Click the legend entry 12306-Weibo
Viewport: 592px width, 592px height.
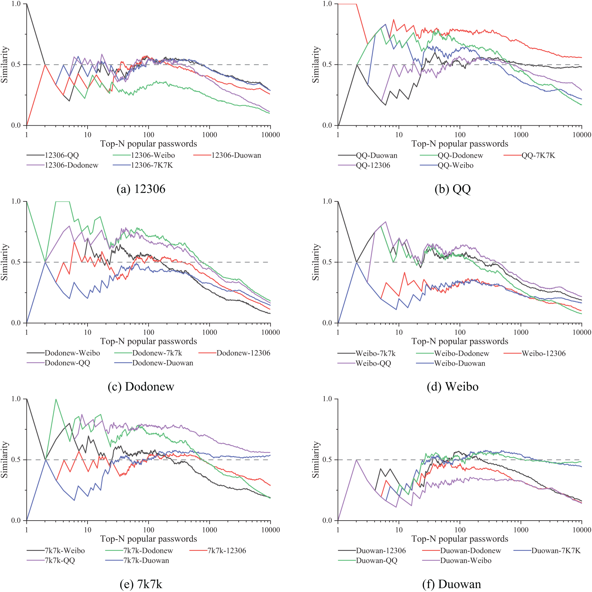coord(153,155)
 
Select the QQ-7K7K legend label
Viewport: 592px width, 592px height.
coord(538,155)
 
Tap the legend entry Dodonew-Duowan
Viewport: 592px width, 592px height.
coord(163,363)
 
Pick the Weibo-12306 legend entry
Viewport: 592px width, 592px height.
coord(543,353)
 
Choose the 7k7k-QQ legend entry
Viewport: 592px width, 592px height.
coord(60,561)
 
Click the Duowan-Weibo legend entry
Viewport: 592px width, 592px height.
coord(465,561)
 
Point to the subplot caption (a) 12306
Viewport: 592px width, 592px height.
coord(141,189)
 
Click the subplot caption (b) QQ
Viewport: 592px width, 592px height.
coord(452,189)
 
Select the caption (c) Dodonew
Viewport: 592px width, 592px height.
coord(141,387)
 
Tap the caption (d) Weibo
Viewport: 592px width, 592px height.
coord(452,387)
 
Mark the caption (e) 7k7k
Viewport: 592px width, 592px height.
coord(141,584)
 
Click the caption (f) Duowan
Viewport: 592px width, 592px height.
coord(451,584)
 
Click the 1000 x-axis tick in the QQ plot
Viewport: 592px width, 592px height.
coord(521,135)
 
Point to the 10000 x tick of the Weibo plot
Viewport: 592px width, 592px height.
coord(582,332)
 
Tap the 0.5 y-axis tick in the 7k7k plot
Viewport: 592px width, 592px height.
coord(16,460)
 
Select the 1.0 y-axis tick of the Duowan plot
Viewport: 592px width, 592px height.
coord(327,399)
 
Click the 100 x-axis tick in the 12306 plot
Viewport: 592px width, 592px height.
coord(149,135)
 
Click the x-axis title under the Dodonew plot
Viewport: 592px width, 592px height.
coord(149,341)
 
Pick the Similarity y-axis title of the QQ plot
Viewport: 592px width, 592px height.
coord(316,65)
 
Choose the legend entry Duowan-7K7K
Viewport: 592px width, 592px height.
coord(556,551)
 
